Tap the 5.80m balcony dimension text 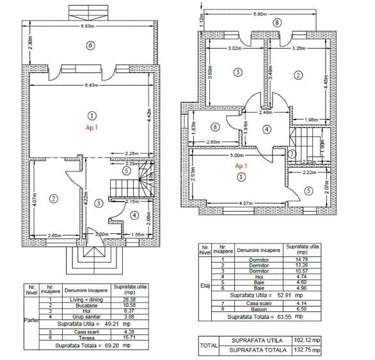[259, 13]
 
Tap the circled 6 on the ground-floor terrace [91, 45]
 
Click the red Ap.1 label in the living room [91, 128]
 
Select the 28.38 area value [129, 299]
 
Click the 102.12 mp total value [308, 341]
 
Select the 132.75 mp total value [308, 350]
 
